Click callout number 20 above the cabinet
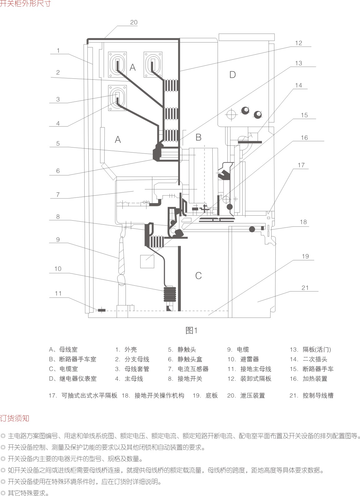click(134, 23)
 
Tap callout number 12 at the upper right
click(298, 43)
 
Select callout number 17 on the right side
click(301, 165)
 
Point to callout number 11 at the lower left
click(58, 293)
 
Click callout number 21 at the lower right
click(305, 288)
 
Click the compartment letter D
click(233, 75)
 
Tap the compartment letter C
click(198, 276)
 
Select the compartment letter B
click(198, 137)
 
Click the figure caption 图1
click(192, 331)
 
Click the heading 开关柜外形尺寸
click(25, 4)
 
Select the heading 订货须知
click(15, 418)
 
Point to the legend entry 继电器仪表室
click(78, 378)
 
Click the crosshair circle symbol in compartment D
click(232, 114)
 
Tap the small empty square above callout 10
click(147, 261)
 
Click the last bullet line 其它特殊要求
click(28, 493)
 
